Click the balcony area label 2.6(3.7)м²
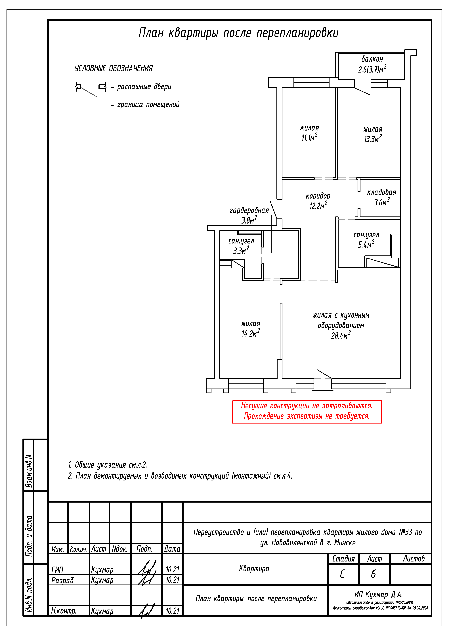point(372,69)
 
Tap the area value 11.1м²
point(309,137)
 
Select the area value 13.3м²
point(373,139)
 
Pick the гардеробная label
point(249,210)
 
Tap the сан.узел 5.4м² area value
point(366,244)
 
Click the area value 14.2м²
point(251,333)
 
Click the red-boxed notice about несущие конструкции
point(307,412)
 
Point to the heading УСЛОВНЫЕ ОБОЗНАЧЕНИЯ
point(114,68)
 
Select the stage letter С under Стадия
point(342,574)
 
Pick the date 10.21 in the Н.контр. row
point(173,611)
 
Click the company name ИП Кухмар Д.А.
point(378,594)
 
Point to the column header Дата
point(172,549)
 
